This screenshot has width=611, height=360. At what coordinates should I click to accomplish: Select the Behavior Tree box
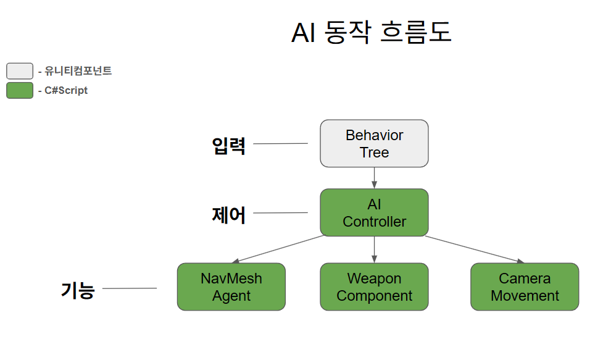click(x=374, y=143)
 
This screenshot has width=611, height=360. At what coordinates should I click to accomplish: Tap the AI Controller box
click(x=374, y=212)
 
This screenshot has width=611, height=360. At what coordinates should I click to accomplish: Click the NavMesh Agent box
click(x=231, y=287)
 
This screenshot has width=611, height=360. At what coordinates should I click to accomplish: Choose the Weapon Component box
click(x=374, y=287)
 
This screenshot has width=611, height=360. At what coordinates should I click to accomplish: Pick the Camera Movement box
click(x=525, y=287)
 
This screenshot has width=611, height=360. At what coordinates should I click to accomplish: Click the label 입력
click(x=228, y=146)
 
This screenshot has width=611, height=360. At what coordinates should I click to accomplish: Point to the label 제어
click(x=228, y=215)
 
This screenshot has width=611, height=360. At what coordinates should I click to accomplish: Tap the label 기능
click(x=77, y=290)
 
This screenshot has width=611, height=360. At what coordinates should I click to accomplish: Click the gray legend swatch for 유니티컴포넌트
click(x=20, y=71)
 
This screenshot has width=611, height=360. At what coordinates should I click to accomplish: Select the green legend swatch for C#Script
click(x=20, y=90)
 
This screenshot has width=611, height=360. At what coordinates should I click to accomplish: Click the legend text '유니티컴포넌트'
click(x=78, y=71)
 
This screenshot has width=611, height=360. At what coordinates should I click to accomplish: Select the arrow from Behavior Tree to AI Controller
click(x=374, y=177)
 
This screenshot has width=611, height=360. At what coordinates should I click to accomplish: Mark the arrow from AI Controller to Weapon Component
click(x=374, y=249)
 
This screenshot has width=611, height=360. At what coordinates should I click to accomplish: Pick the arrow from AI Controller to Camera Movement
click(x=474, y=249)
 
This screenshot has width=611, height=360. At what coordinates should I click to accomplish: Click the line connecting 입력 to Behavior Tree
click(x=280, y=143)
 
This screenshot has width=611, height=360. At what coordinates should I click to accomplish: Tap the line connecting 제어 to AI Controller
click(x=280, y=213)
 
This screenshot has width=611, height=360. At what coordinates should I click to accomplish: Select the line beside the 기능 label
click(x=129, y=288)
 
